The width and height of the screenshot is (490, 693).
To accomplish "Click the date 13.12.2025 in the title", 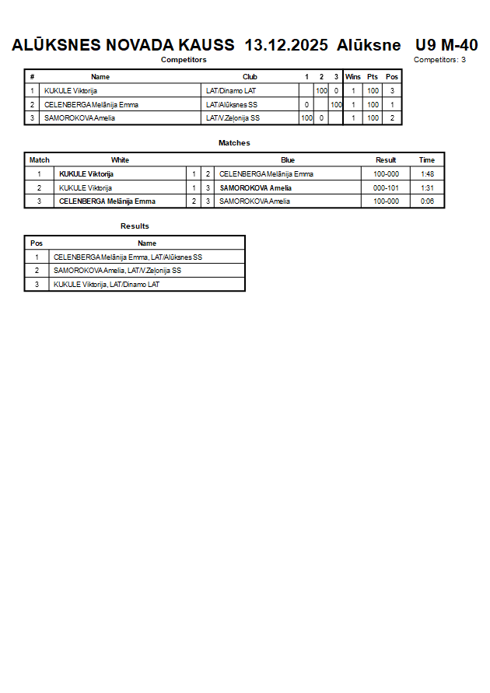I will tap(286, 45).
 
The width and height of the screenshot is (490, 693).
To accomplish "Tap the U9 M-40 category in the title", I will tap(446, 45).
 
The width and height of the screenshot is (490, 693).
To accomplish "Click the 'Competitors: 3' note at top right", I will tap(439, 60).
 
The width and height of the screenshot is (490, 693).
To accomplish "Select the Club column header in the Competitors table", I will tap(250, 77).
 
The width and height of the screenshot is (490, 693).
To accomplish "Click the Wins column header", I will tap(353, 77).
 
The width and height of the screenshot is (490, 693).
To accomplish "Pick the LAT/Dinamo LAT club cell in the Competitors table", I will tap(231, 91).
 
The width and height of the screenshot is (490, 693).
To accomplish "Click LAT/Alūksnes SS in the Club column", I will tap(232, 104).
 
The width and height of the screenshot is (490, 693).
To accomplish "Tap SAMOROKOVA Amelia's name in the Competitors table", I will tap(79, 118).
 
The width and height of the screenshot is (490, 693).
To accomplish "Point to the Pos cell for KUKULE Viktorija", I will tap(392, 91).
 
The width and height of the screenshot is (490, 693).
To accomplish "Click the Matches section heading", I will tap(234, 143).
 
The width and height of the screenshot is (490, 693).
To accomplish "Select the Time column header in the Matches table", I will tap(427, 160).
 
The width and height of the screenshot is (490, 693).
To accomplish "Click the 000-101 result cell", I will tap(386, 187).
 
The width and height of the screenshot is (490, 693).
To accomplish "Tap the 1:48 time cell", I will tap(427, 174).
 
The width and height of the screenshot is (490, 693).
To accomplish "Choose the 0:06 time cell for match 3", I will tap(427, 201).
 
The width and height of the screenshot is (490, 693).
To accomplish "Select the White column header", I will tap(120, 160).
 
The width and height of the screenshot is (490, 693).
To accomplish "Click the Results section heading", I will tap(135, 226).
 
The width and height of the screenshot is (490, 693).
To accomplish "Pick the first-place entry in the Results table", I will tap(128, 257).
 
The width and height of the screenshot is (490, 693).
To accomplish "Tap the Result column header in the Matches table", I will tap(386, 160).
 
